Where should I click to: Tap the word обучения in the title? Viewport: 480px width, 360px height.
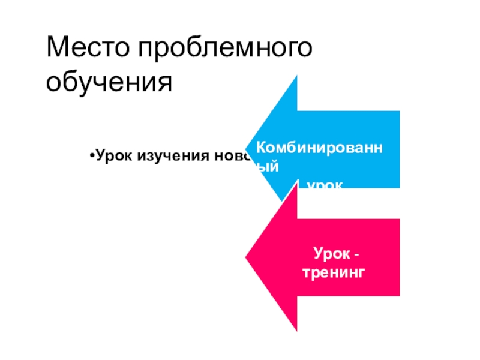(109, 82)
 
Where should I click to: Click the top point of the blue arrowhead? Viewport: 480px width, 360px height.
(297, 77)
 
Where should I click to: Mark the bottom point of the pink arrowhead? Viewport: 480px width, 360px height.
(297, 331)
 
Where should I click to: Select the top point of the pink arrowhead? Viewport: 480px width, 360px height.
(297, 184)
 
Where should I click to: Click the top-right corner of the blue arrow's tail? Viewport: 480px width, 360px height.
(399, 111)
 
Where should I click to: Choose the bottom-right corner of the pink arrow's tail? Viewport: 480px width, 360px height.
(399, 295)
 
